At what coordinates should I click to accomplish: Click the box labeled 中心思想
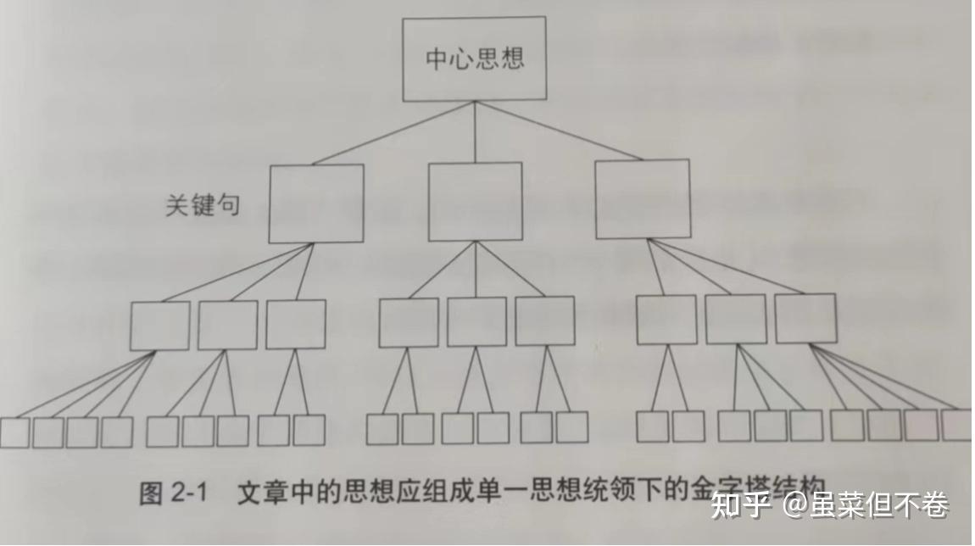click(474, 58)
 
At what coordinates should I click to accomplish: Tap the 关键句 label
click(202, 206)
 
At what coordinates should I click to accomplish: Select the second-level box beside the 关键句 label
click(315, 203)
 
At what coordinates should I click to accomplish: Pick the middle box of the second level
click(475, 201)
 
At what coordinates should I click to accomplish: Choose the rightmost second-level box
click(642, 198)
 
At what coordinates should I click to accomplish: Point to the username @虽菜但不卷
click(865, 505)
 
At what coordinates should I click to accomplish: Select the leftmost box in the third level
click(159, 326)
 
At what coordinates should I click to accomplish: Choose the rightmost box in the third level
click(805, 318)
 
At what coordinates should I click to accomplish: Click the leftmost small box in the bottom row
click(14, 432)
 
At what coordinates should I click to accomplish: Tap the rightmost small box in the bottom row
click(956, 425)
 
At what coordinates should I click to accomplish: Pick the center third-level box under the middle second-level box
click(476, 321)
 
